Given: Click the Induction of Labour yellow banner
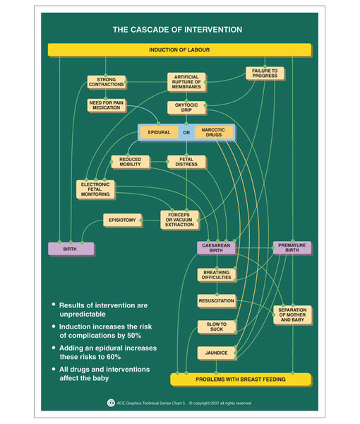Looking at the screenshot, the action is coord(179,49).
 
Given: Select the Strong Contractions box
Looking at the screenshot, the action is coord(107,82).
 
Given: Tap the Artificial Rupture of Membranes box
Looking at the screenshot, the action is coord(186,82).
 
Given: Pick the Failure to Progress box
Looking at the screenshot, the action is coord(265,73).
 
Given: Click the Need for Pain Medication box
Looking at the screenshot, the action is coord(107,105).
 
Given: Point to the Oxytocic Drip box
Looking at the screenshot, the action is coord(186,107).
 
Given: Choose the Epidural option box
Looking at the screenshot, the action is coord(159,132).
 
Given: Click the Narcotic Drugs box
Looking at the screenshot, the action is coord(214,132).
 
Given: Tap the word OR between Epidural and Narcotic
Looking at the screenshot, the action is coord(186,133).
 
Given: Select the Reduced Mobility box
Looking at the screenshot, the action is coord(131,162).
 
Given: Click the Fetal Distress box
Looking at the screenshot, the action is coord(186,162).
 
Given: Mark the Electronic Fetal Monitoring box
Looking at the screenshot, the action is coord(95,189).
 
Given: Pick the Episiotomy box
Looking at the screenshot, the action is coord(122,220).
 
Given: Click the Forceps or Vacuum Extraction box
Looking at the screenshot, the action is coord(179,220).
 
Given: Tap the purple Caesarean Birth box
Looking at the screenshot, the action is coord(216,248).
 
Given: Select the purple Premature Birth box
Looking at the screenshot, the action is coord(292,248).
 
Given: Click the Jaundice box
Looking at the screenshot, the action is coord(216,353).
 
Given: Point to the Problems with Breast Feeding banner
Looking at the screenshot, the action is coord(241,379).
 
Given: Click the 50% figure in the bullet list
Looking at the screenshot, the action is coord(134,336).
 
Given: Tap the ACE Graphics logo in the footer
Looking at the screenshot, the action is coord(111,403).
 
